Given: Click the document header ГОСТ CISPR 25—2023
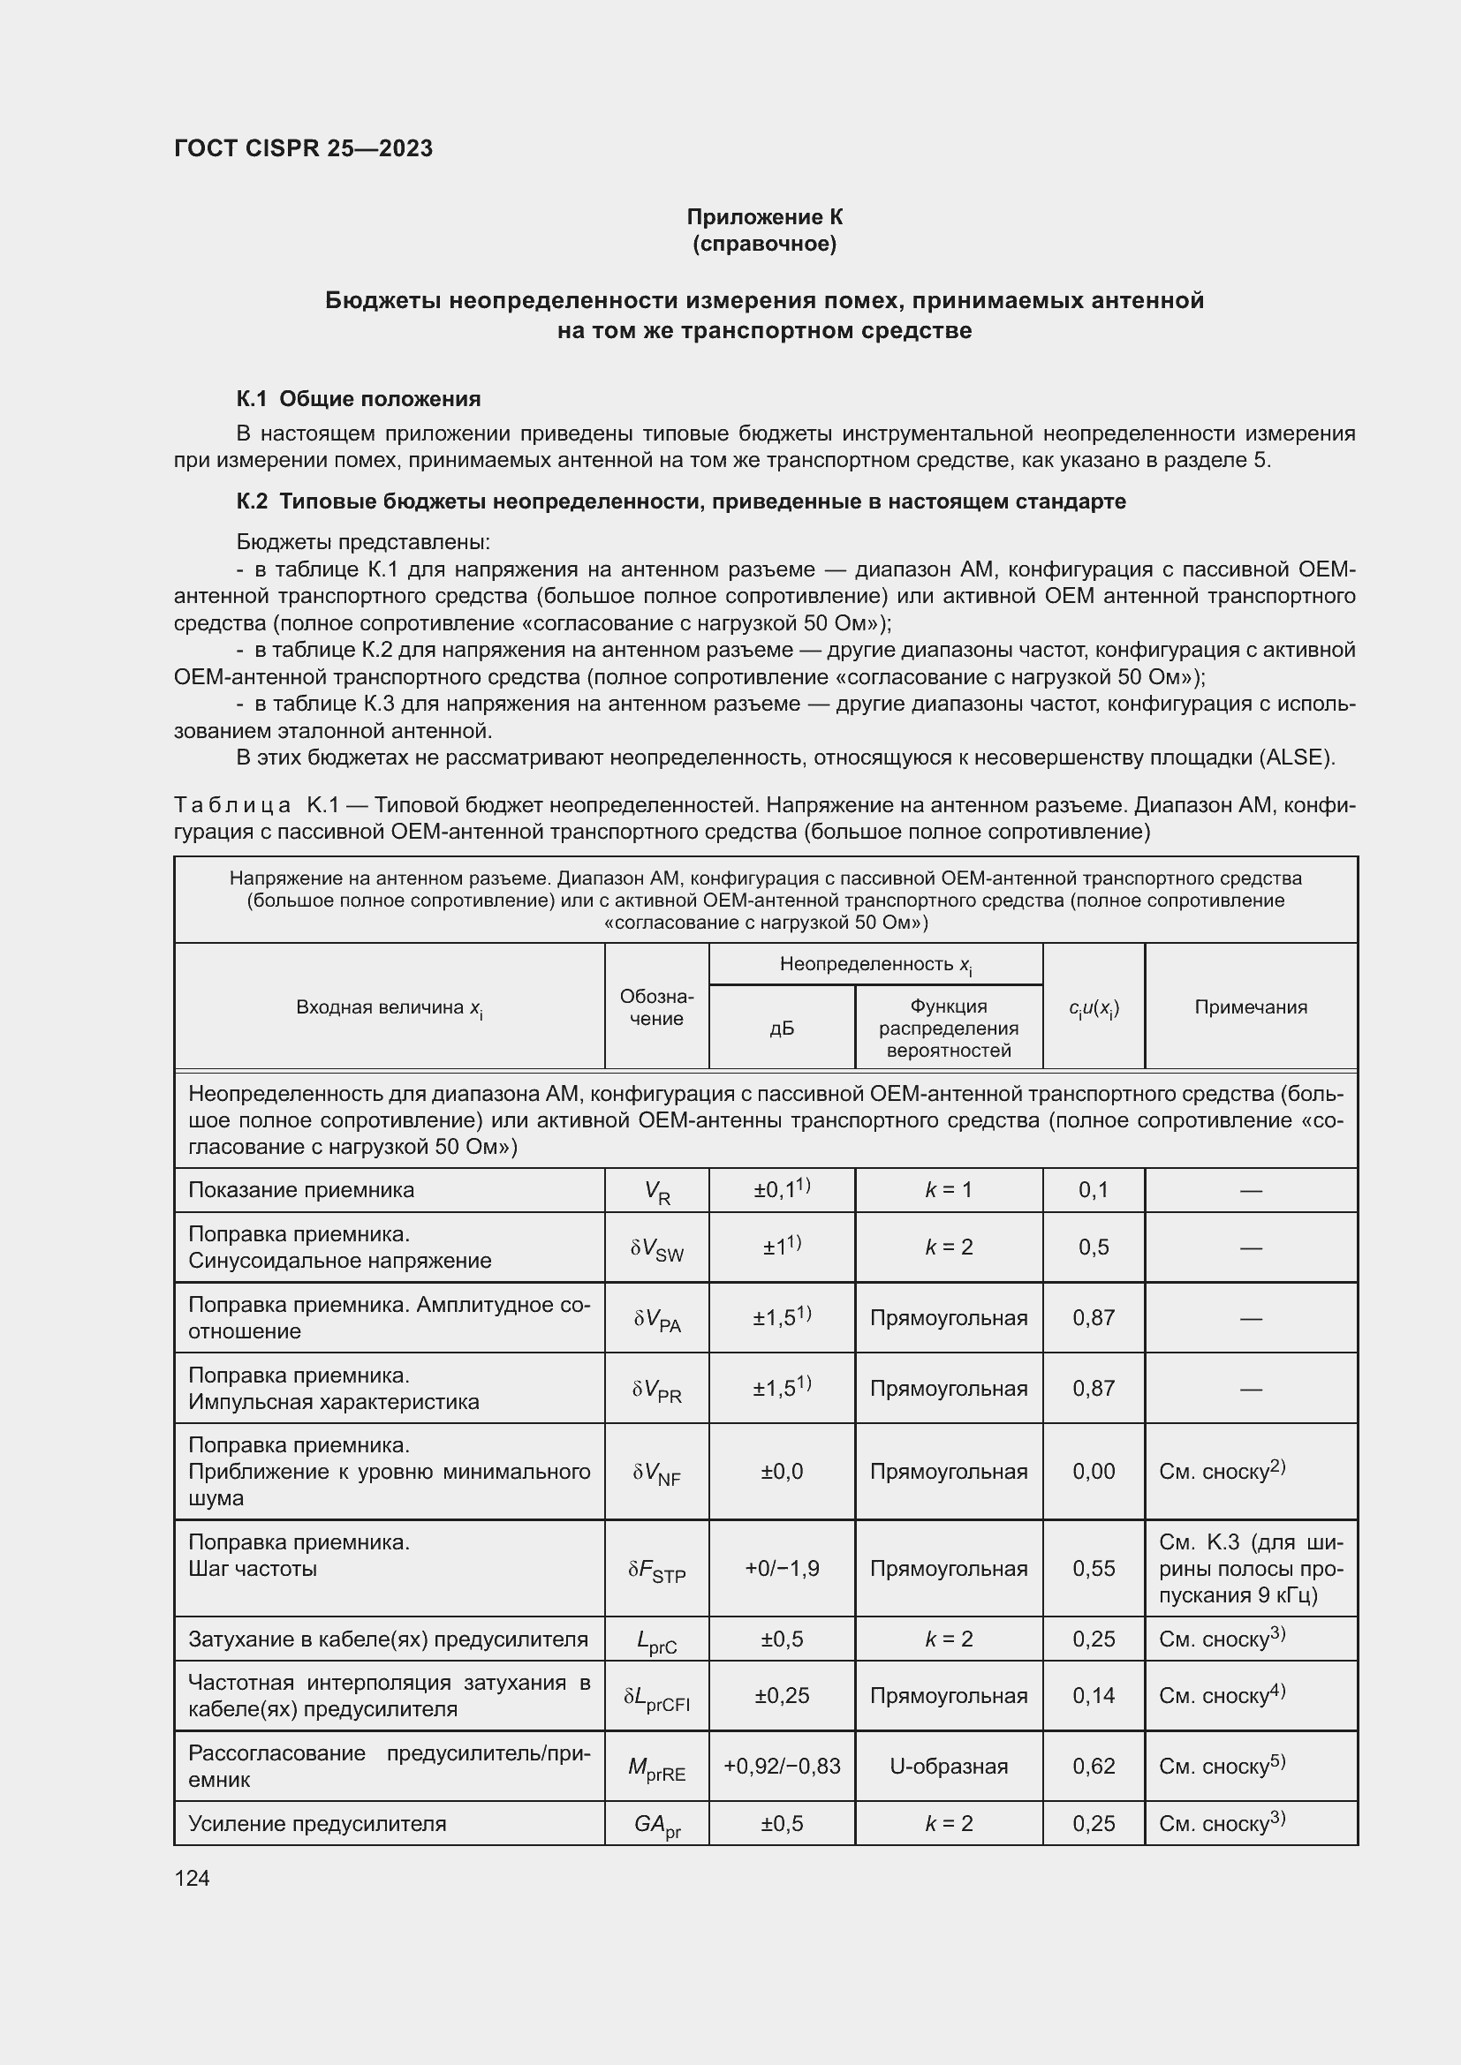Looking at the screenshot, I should pyautogui.click(x=303, y=148).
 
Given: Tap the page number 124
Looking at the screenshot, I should pyautogui.click(x=192, y=1878).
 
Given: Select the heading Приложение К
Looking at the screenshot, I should pyautogui.click(x=764, y=217).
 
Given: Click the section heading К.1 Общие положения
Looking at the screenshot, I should pyautogui.click(x=358, y=398).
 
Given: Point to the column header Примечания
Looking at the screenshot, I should pyautogui.click(x=1251, y=1007).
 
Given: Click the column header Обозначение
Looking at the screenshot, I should pyautogui.click(x=655, y=1007).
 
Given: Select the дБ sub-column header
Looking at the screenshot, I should pyautogui.click(x=781, y=1028).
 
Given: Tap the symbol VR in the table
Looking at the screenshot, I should pyautogui.click(x=656, y=1193).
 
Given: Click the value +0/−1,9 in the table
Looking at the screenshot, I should pyautogui.click(x=781, y=1569).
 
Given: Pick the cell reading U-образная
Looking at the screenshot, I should pyautogui.click(x=948, y=1767).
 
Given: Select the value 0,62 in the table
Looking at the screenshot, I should pyautogui.click(x=1093, y=1767).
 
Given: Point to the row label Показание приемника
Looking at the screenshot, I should pyautogui.click(x=300, y=1191).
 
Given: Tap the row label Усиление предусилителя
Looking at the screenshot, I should pyautogui.click(x=317, y=1824).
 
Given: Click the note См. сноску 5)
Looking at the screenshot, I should pyautogui.click(x=1222, y=1767).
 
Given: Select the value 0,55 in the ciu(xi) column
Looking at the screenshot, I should pyautogui.click(x=1093, y=1569).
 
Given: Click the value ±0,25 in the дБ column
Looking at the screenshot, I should pyautogui.click(x=781, y=1695).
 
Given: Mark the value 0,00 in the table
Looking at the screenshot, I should pyautogui.click(x=1093, y=1472).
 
